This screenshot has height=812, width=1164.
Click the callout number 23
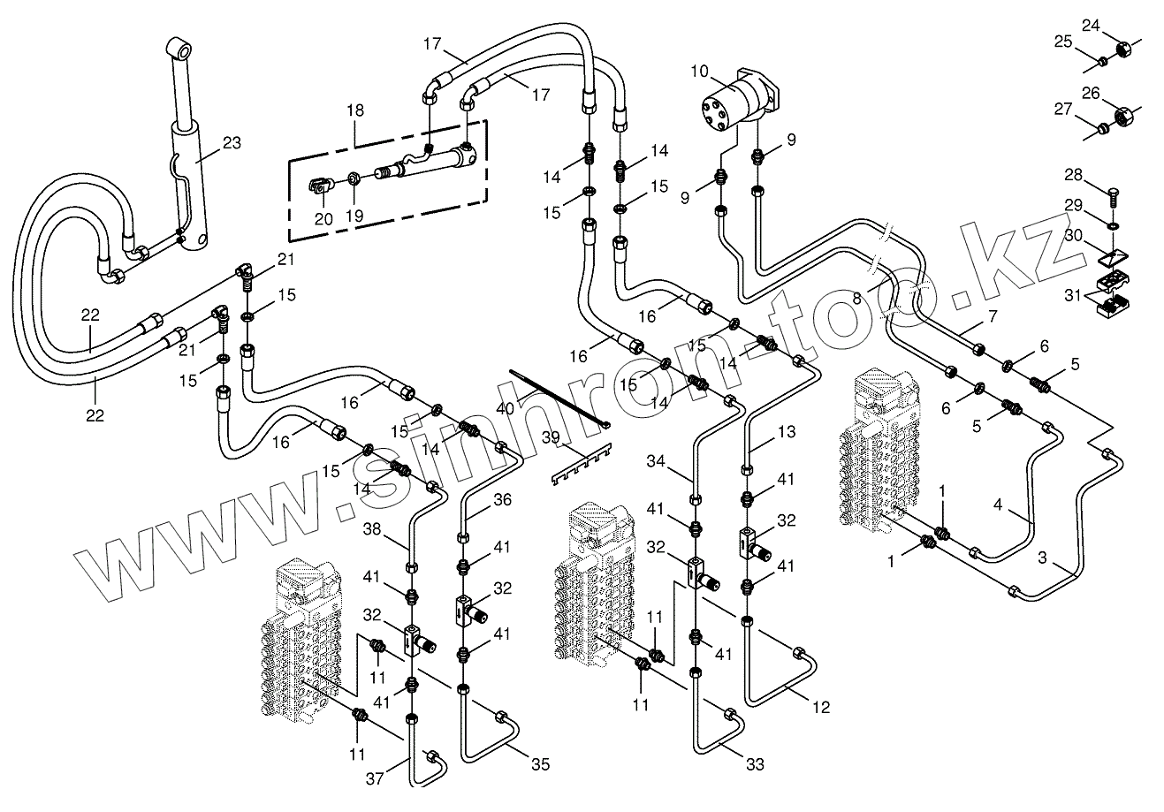pos(232,143)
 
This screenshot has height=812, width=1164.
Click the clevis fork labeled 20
pos(319,186)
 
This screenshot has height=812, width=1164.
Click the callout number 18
pos(355,110)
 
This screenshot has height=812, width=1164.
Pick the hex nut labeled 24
pos(1123,49)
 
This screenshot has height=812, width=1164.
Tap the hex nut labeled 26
pos(1123,118)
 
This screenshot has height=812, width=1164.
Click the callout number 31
pos(1073,295)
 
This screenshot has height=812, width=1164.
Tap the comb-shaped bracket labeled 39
pos(582,464)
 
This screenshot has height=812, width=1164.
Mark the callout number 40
pos(505,409)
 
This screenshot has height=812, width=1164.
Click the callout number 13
pos(787,432)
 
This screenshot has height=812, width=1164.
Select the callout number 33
pos(755,764)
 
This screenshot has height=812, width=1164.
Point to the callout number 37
pos(375,778)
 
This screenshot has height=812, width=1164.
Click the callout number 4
pos(998,505)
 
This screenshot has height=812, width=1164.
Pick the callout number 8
pos(857,298)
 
